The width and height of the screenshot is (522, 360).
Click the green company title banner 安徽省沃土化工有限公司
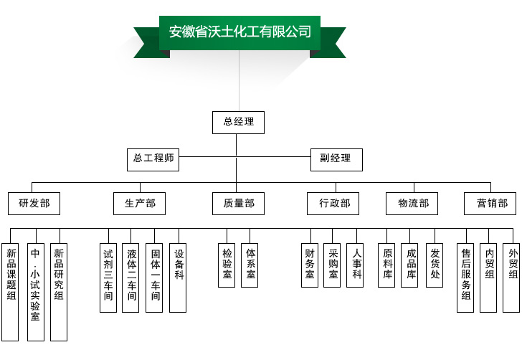pos(239,32)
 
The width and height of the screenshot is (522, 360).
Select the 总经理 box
pos(238,122)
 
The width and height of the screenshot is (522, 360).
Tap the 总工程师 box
pos(153,158)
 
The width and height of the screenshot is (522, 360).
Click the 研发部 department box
pos(34,204)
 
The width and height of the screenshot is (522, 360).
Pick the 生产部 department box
pos(139,204)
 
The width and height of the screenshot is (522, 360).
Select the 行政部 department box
pos(333,204)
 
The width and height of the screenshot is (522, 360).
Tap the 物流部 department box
pos(412,204)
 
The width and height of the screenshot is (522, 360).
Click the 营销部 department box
pos(491,204)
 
